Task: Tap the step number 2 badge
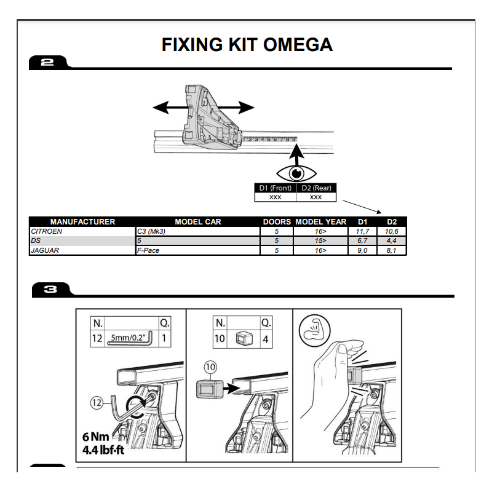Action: click(x=47, y=62)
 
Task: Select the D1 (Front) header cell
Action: click(x=275, y=188)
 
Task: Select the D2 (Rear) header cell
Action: click(x=316, y=188)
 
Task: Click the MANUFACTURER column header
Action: click(x=82, y=222)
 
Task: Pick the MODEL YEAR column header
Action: click(x=321, y=222)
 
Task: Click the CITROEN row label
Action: click(x=46, y=231)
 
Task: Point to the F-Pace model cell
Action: click(x=148, y=250)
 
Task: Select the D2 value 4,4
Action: click(x=391, y=241)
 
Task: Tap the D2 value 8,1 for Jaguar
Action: click(x=391, y=250)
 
